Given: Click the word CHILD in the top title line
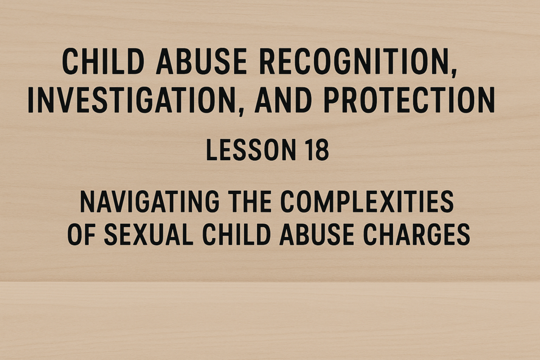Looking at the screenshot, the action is (x=103, y=62).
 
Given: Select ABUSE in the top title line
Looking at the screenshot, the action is (x=201, y=62).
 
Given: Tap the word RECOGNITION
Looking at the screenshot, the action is (x=355, y=62).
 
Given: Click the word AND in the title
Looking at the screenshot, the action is (x=283, y=100).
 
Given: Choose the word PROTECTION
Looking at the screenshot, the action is (x=409, y=100).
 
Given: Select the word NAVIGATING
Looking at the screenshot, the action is (x=150, y=201).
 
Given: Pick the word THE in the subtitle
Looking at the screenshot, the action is (x=249, y=201).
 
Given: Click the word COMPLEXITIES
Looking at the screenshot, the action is (x=367, y=201).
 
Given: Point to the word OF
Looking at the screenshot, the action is (x=81, y=234).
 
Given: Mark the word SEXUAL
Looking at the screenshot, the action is (x=148, y=234).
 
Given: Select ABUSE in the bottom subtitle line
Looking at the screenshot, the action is (x=317, y=234).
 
